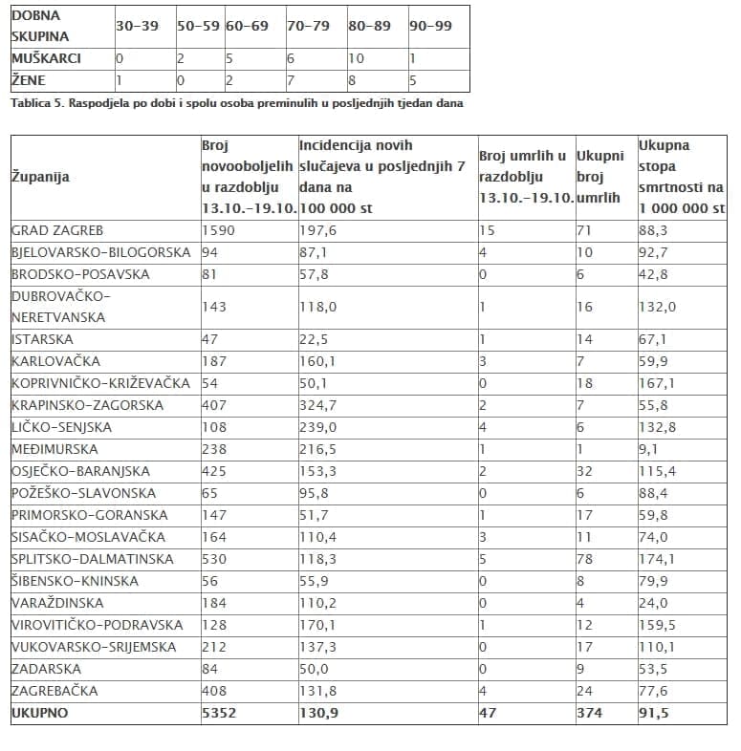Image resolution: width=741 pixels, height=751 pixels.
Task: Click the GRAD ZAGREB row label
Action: (x=57, y=230)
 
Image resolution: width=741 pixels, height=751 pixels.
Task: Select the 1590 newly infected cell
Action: (x=218, y=230)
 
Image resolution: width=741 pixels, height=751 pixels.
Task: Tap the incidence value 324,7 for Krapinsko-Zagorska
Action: (x=317, y=405)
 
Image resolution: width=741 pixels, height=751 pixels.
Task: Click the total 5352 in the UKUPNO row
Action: (x=218, y=713)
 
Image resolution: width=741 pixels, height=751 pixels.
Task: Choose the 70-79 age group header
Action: (x=308, y=27)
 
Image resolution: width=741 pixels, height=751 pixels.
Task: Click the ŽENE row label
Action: (x=28, y=80)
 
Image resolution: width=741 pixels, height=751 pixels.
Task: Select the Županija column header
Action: (x=40, y=177)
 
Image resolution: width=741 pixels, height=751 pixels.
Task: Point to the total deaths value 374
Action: (x=589, y=713)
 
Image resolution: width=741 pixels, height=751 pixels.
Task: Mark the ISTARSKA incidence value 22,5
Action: (x=315, y=339)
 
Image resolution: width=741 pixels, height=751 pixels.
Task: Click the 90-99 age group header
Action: (x=430, y=27)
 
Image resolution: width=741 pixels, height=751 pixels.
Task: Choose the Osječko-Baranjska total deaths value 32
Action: (x=585, y=471)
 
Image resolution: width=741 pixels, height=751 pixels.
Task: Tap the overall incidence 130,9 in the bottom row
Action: (x=318, y=713)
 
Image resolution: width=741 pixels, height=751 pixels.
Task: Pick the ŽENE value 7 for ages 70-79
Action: (x=291, y=80)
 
